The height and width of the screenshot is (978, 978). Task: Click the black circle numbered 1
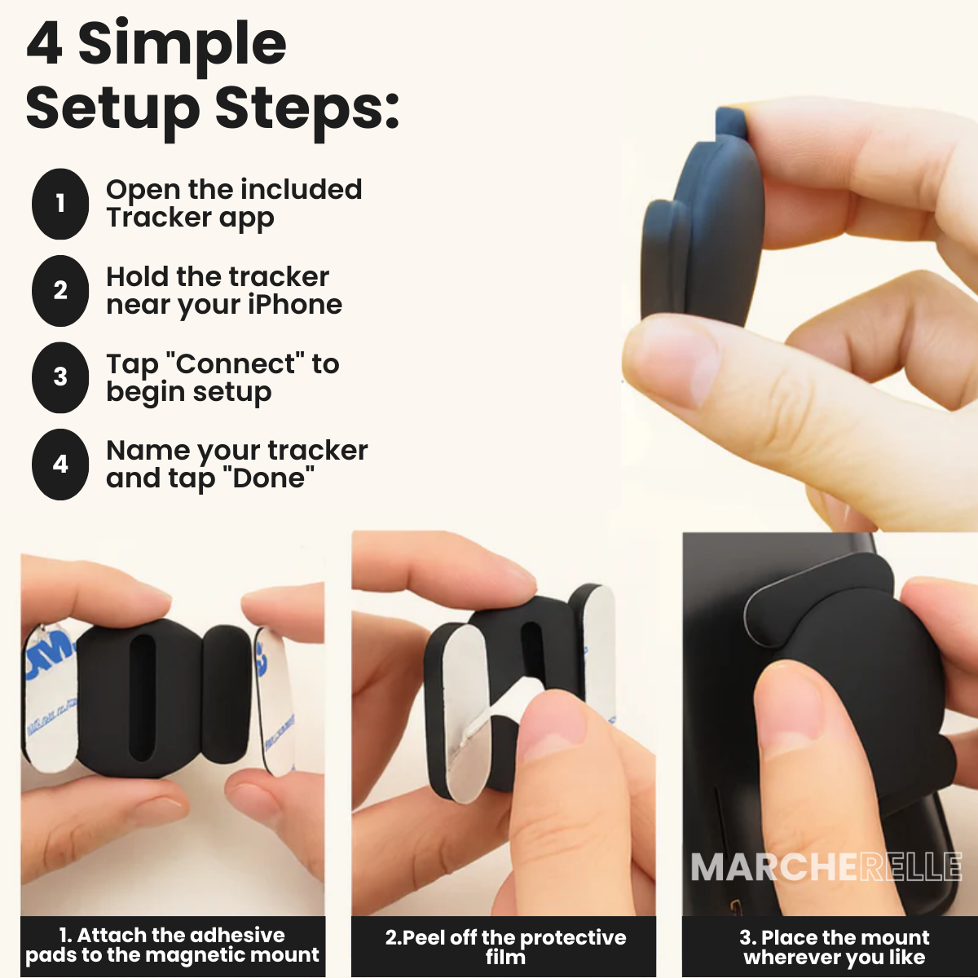coord(60,204)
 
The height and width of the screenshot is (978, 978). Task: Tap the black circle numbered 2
coord(60,290)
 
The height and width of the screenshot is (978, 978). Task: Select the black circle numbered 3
coord(60,377)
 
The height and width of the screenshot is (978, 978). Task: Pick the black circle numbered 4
coord(60,465)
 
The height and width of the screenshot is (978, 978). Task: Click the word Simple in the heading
coord(182,45)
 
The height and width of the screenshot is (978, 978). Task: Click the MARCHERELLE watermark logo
coord(826,867)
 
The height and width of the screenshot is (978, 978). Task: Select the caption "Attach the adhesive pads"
coord(172,945)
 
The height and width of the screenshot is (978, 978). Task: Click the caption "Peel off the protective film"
coord(505,946)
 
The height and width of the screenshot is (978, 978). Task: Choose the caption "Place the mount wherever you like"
coord(834,947)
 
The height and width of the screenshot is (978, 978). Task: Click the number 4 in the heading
coord(45,45)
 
